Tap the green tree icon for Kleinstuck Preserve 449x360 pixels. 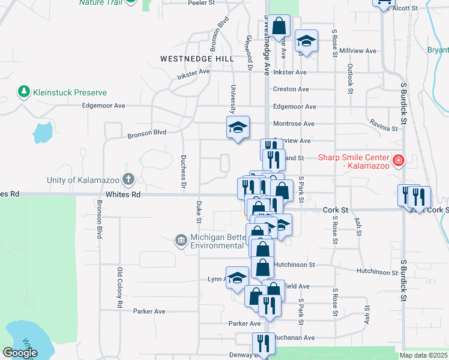(x=23, y=92)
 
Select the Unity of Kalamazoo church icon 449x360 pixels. (x=128, y=179)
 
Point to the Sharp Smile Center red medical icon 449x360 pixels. (x=397, y=160)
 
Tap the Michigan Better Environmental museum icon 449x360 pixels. (x=181, y=241)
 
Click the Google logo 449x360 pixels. (x=20, y=353)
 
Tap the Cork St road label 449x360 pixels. (x=336, y=210)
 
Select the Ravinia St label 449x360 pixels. (x=384, y=128)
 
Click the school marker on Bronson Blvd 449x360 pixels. (x=238, y=127)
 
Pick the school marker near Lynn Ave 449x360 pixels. (x=237, y=278)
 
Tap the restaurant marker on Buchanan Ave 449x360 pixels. (x=263, y=344)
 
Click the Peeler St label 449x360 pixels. (x=202, y=3)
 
